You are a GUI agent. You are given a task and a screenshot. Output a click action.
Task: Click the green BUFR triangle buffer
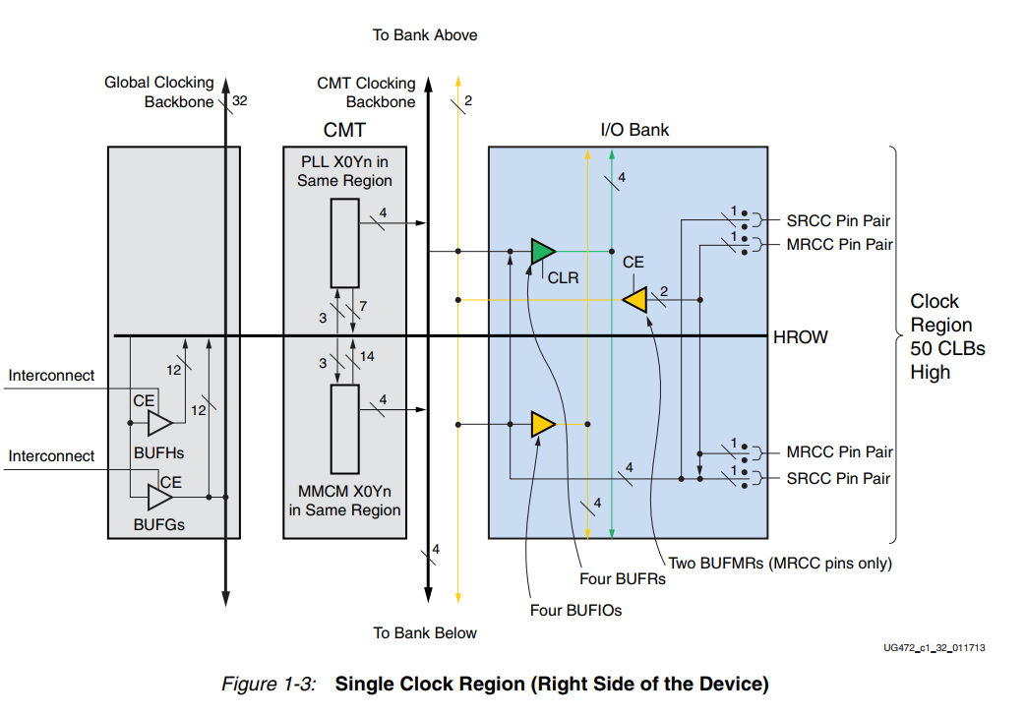[x=541, y=252]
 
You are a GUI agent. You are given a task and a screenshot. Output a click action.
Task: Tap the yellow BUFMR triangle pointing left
[x=636, y=299]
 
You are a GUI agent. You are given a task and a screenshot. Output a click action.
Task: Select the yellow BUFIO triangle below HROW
[x=542, y=424]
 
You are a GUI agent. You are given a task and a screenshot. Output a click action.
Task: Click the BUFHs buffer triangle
[x=159, y=424]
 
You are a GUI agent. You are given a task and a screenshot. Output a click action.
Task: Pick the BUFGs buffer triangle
[x=159, y=498]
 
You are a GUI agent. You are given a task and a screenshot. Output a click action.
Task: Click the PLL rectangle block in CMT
[x=344, y=242]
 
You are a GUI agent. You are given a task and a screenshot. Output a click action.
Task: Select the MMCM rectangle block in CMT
[x=344, y=429]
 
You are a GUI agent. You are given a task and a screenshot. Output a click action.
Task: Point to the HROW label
[x=801, y=337]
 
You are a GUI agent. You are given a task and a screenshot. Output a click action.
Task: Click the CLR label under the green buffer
[x=563, y=278]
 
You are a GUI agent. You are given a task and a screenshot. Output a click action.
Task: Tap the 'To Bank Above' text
[x=425, y=35]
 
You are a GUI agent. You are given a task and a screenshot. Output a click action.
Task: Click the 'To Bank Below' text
[x=425, y=633]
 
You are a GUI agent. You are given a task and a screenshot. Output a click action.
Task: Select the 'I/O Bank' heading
[x=634, y=130]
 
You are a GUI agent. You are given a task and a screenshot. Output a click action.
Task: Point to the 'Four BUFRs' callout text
[x=622, y=579]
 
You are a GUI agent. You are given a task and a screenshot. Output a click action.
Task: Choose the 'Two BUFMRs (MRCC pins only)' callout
[x=780, y=564]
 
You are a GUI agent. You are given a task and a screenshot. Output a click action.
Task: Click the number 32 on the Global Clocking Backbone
[x=240, y=100]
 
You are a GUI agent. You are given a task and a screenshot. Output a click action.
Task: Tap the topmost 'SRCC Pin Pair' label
[x=838, y=220]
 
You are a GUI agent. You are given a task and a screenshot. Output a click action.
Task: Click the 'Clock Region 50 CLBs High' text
[x=940, y=336]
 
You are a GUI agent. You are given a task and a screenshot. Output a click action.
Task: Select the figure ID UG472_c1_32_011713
[x=935, y=648]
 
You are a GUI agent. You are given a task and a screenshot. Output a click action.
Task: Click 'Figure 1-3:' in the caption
[x=269, y=685]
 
